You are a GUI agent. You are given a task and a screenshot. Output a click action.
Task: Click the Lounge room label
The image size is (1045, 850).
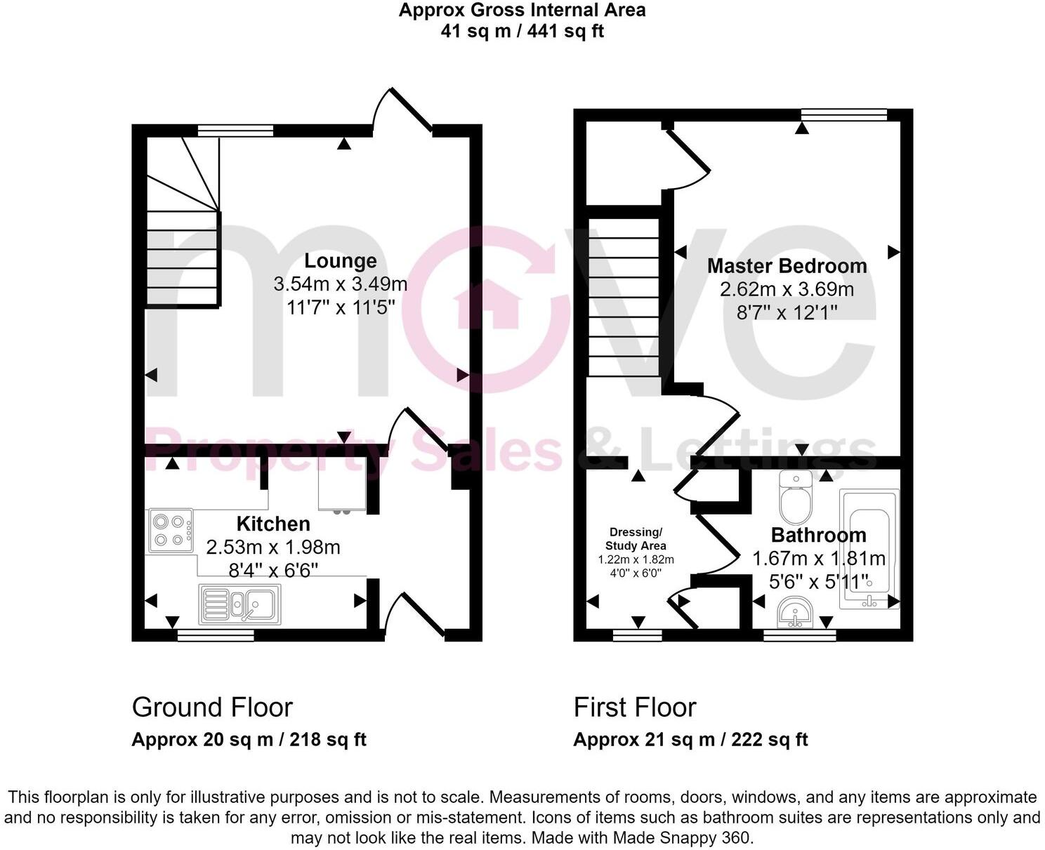click(340, 261)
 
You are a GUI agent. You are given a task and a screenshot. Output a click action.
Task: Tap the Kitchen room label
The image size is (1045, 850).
click(273, 524)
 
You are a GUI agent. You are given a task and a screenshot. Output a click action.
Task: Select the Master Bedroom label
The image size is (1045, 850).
click(787, 266)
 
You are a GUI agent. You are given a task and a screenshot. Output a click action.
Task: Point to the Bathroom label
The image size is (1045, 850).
click(818, 535)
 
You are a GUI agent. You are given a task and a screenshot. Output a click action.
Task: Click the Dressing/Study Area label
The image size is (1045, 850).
click(636, 538)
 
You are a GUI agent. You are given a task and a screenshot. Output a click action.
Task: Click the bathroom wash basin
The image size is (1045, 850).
click(796, 612)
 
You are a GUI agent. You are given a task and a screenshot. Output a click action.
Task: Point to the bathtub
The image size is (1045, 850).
click(869, 547)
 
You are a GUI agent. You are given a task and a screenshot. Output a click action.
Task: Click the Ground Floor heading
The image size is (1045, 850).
click(212, 708)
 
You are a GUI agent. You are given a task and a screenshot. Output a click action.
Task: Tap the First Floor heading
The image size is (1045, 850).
click(635, 708)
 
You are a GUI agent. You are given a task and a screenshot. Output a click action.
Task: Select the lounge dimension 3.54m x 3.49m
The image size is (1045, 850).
click(340, 284)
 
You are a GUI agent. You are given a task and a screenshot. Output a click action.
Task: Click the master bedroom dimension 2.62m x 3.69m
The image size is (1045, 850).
click(787, 289)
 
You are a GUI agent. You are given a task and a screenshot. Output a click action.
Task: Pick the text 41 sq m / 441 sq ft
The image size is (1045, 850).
click(522, 31)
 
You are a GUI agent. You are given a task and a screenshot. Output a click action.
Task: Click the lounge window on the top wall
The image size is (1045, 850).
click(235, 129)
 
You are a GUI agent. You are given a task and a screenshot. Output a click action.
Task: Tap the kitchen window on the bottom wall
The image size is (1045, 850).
click(216, 635)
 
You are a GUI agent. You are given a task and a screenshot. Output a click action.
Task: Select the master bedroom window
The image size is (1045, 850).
click(844, 114)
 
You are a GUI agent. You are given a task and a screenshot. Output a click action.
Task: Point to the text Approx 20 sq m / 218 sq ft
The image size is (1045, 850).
click(249, 740)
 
